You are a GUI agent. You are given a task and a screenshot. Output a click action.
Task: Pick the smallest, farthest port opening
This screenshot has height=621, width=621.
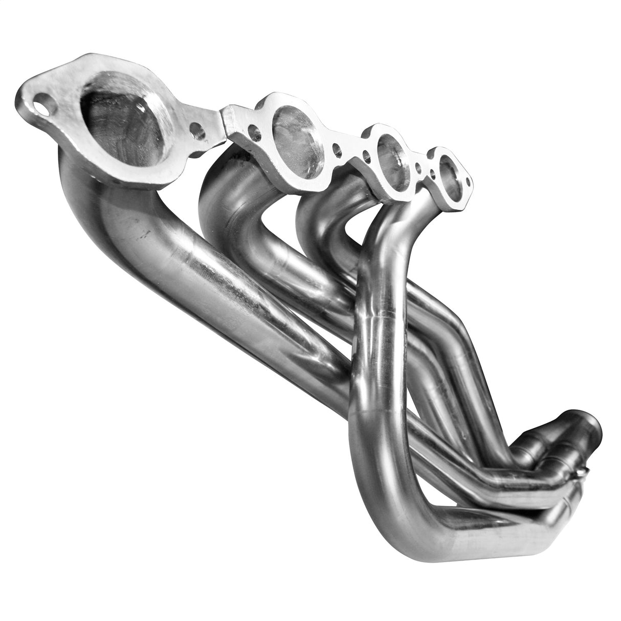coord(450,171)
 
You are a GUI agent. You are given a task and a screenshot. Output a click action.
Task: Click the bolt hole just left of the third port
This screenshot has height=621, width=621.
coord(365,153)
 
